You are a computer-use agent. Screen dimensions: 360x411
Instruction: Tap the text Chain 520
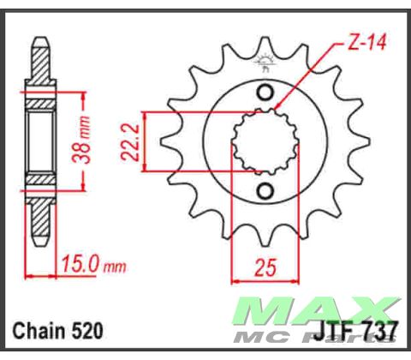(57, 330)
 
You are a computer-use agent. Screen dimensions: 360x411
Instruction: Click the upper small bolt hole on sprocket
(265, 93)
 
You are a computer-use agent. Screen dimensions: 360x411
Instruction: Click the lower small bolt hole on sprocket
(265, 189)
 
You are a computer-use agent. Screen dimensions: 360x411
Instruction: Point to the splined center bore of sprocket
(265, 141)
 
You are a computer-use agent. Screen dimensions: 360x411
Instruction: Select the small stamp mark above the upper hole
(265, 63)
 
